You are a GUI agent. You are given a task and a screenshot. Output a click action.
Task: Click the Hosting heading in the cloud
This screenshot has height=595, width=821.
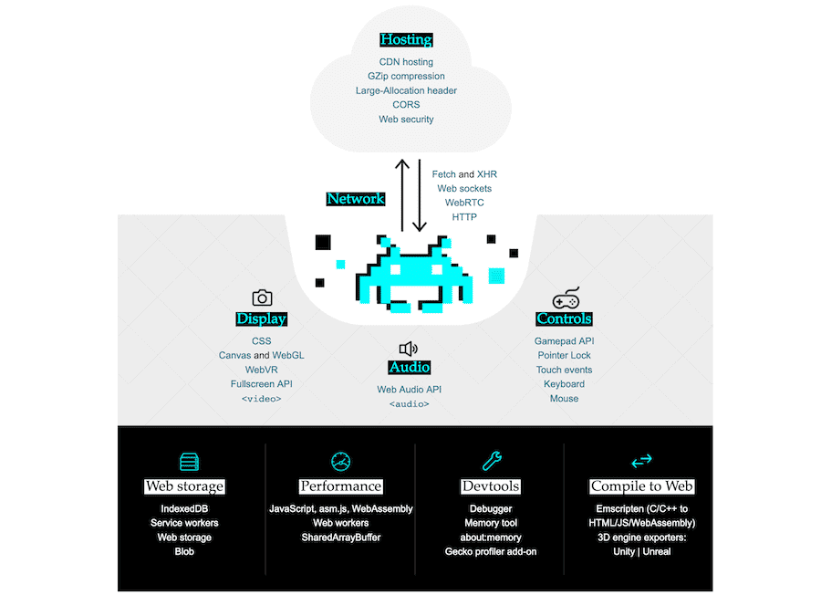coord(406,40)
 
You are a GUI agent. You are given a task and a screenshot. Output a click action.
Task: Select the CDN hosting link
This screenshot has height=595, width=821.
coord(406,62)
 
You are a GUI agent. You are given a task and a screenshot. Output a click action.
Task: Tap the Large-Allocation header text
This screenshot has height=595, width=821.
coord(406,90)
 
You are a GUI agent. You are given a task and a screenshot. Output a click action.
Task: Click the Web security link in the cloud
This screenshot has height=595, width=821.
coord(406,120)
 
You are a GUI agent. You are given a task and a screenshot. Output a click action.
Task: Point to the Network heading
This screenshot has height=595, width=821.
coord(356,199)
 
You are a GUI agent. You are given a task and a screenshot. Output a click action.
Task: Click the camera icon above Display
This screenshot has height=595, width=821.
coord(262,297)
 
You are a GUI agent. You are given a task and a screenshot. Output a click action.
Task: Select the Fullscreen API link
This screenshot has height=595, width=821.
coord(261,384)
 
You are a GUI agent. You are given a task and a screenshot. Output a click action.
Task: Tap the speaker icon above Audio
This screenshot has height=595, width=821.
coord(408,349)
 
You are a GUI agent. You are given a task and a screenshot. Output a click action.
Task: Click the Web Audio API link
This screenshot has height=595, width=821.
coord(409,390)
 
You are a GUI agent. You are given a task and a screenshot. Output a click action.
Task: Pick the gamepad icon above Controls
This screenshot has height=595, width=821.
coord(566,298)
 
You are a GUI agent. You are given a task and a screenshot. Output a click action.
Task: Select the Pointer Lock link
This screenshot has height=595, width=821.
coord(564,355)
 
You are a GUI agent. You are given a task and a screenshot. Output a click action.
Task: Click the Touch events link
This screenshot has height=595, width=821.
coord(564,370)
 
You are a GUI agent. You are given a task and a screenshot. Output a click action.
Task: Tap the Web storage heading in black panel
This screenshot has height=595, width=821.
coord(184,486)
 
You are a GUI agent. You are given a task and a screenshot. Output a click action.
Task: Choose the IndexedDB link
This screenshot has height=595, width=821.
coord(184,508)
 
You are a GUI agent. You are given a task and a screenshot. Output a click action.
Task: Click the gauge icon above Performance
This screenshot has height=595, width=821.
coord(341,461)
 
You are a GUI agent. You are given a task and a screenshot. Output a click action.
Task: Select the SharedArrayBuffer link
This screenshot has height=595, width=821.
coord(341,538)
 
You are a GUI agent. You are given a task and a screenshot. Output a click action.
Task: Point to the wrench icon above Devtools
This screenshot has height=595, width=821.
coord(491,461)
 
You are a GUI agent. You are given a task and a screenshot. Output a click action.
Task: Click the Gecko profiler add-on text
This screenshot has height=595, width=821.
coord(491,552)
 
